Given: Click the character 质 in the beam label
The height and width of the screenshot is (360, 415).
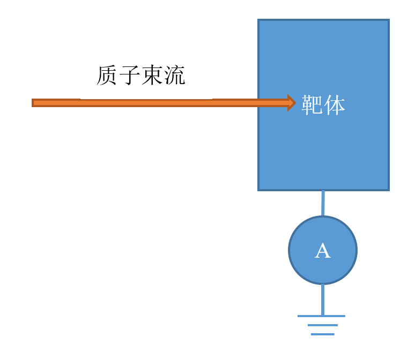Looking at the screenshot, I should (107, 76).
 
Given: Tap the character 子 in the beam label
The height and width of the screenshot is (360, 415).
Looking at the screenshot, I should (129, 76).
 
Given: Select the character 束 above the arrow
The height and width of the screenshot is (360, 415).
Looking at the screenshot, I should (152, 76).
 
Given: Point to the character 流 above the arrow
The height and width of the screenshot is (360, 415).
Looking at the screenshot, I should (174, 76).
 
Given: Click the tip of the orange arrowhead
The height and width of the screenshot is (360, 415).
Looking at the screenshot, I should (295, 102).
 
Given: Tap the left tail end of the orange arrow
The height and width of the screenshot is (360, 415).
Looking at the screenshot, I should (33, 102).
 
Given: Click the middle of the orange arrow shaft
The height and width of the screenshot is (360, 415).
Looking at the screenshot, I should (161, 102).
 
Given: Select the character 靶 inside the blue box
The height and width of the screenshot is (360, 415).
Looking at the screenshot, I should (312, 105).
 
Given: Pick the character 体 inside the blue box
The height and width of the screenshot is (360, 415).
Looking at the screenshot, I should (335, 105).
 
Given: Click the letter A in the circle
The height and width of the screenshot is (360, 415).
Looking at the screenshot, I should (322, 251).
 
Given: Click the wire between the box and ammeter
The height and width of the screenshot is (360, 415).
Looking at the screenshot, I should (323, 204).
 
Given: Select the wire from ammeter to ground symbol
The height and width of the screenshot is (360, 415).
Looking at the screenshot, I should (323, 299).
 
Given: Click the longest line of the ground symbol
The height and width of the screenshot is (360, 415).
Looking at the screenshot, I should (322, 316).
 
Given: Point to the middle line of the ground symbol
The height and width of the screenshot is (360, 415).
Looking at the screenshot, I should (322, 325).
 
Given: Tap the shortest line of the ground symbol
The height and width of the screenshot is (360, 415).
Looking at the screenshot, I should (322, 334).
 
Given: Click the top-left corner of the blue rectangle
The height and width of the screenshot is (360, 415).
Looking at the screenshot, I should (259, 20).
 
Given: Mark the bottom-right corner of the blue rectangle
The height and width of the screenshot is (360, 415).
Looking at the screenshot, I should (388, 190).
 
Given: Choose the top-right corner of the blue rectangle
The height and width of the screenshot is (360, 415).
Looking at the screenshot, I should (388, 20).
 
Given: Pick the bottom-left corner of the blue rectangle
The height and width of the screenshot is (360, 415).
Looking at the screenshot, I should (259, 190).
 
